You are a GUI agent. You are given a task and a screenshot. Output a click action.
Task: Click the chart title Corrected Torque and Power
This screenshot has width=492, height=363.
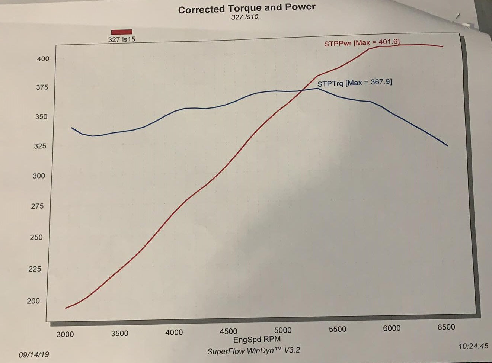pyautogui.click(x=246, y=9)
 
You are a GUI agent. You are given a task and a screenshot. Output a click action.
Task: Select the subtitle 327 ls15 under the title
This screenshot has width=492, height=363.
pyautogui.click(x=245, y=17)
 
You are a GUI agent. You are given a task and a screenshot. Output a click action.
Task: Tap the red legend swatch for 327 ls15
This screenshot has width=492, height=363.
pyautogui.click(x=122, y=32)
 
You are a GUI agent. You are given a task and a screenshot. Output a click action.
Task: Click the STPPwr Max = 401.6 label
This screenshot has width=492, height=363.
pyautogui.click(x=362, y=43)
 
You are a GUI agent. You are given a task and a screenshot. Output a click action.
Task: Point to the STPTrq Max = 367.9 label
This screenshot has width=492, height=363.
pyautogui.click(x=354, y=83)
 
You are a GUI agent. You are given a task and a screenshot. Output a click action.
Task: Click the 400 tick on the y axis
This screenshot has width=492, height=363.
pyautogui.click(x=43, y=59)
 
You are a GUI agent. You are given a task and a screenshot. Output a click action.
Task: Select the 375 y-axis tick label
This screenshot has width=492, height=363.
pyautogui.click(x=42, y=87)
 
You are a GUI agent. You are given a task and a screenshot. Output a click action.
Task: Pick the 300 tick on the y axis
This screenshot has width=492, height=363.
pyautogui.click(x=39, y=176)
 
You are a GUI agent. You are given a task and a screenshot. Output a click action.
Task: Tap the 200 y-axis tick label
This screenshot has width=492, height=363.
pyautogui.click(x=33, y=301)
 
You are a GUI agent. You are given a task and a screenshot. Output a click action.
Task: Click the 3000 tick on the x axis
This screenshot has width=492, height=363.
pyautogui.click(x=65, y=334)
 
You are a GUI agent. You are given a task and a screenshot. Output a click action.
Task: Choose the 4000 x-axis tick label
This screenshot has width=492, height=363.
pyautogui.click(x=174, y=332)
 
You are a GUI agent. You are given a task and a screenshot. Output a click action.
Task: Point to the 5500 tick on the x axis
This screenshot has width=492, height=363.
pyautogui.click(x=337, y=329)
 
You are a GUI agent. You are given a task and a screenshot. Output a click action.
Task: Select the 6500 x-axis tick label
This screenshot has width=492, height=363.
pyautogui.click(x=446, y=327)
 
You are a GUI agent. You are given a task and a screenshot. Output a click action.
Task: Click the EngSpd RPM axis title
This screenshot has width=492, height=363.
pyautogui.click(x=257, y=339)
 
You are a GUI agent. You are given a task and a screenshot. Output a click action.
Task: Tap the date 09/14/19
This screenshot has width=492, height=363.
pyautogui.click(x=34, y=354)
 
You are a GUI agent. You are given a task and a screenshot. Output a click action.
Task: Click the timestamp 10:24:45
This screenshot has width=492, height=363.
pyautogui.click(x=473, y=346)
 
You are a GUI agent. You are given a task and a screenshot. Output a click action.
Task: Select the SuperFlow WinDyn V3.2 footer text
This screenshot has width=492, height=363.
pyautogui.click(x=253, y=351)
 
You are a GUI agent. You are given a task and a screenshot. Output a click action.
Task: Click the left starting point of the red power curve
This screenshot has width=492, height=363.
pyautogui.click(x=66, y=308)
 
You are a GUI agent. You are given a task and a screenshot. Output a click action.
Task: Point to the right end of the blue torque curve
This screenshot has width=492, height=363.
pyautogui.click(x=447, y=145)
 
